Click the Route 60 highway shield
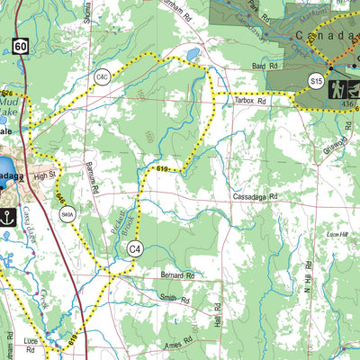tap(20, 45)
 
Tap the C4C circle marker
tap(103, 79)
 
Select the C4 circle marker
tap(135, 248)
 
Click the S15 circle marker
tap(316, 81)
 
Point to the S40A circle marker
tap(67, 215)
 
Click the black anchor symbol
tap(9, 216)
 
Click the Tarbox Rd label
tap(252, 102)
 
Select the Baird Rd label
tap(263, 67)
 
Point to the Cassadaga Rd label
tap(255, 195)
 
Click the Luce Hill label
tap(337, 233)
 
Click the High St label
tap(45, 176)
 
